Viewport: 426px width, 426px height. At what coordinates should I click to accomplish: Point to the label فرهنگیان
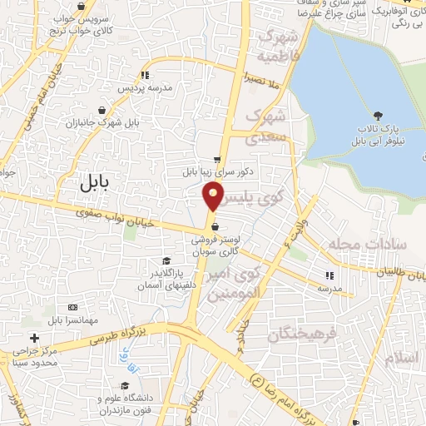(x=305, y=334)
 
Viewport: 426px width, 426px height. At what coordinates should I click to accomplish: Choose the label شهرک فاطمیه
(x=278, y=46)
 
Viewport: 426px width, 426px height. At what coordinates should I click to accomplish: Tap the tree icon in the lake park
(x=379, y=116)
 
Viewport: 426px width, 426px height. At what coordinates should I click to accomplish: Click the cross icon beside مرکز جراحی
(x=33, y=338)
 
